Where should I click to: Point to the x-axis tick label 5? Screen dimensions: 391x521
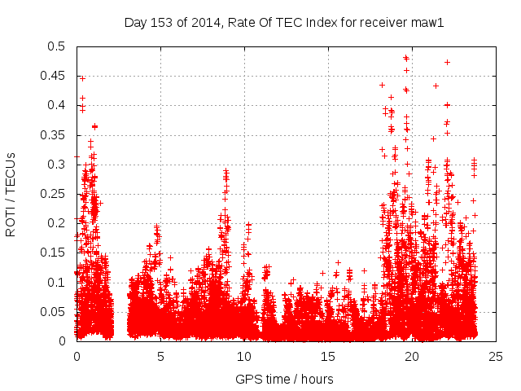pos(160,356)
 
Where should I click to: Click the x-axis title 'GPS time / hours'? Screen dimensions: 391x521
pos(284,379)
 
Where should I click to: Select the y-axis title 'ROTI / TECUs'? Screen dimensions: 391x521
pos(11,194)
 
